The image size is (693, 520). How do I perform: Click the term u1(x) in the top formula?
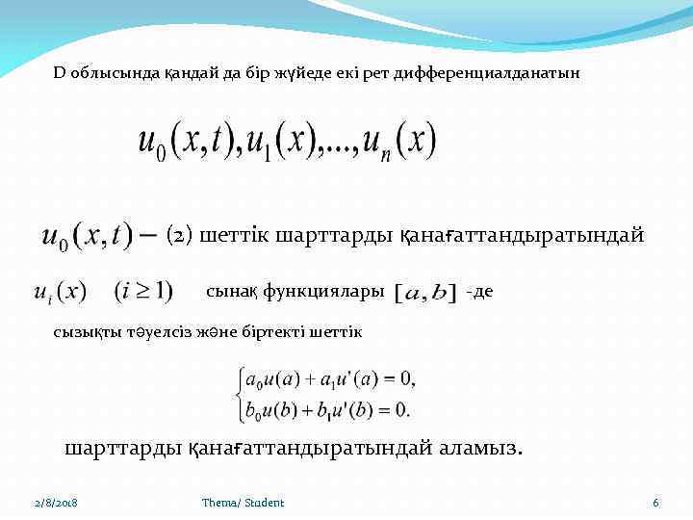(x=288, y=143)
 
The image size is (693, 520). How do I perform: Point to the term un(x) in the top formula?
(x=397, y=143)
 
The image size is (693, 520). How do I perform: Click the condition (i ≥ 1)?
(x=143, y=290)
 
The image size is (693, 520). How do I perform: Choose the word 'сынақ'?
(x=228, y=290)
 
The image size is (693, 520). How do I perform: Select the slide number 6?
(x=655, y=503)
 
